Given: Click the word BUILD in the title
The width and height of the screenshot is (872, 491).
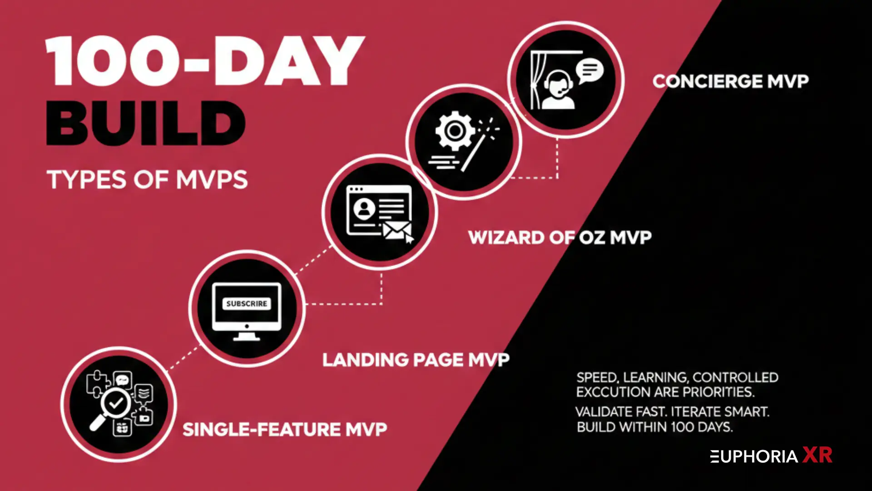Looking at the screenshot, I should click(145, 123).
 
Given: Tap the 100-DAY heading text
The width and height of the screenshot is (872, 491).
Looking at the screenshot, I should click(204, 61).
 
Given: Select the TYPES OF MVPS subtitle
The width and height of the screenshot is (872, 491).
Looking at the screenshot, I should click(147, 180).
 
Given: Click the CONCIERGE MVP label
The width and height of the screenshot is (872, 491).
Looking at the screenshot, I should click(730, 81).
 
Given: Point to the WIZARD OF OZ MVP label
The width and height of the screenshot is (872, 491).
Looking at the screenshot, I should click(560, 237).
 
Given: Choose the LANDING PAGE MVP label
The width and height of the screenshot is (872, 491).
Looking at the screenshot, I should click(416, 360).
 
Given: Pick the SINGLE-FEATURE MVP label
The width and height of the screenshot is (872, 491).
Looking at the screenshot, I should click(285, 430).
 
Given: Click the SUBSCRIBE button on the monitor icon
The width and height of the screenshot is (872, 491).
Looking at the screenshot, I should click(247, 304).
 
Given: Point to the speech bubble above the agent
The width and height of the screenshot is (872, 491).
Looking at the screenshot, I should click(590, 70).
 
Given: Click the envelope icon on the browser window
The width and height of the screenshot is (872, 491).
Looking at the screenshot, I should click(396, 230).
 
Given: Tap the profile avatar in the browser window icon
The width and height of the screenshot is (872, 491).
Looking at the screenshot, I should click(364, 209).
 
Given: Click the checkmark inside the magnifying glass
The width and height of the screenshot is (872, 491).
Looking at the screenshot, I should click(116, 402).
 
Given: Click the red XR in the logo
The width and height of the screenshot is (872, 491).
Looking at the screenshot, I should click(817, 455).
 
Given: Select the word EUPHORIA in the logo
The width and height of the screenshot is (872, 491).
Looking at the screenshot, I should click(754, 456).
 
